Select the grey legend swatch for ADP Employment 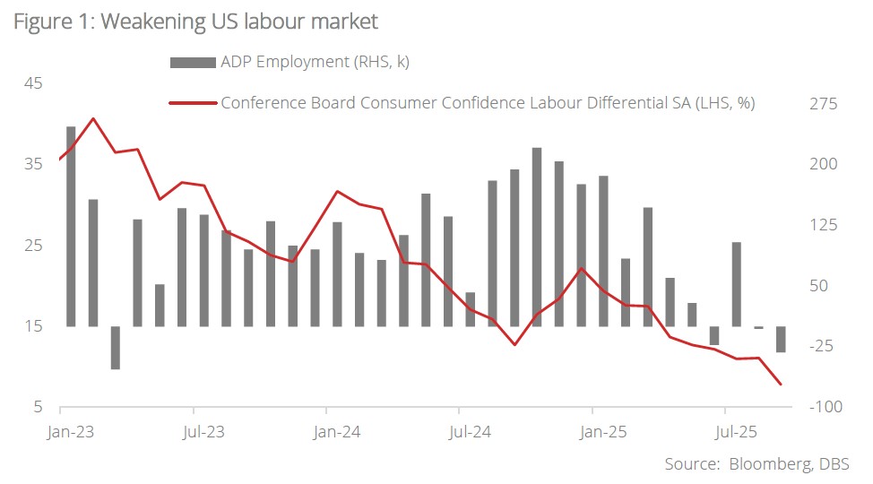click(192, 62)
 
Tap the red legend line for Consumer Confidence click(193, 102)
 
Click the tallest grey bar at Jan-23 click(71, 224)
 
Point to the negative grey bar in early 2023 click(116, 348)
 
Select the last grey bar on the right click(781, 340)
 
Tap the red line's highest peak click(93, 118)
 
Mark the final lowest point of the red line click(781, 385)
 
